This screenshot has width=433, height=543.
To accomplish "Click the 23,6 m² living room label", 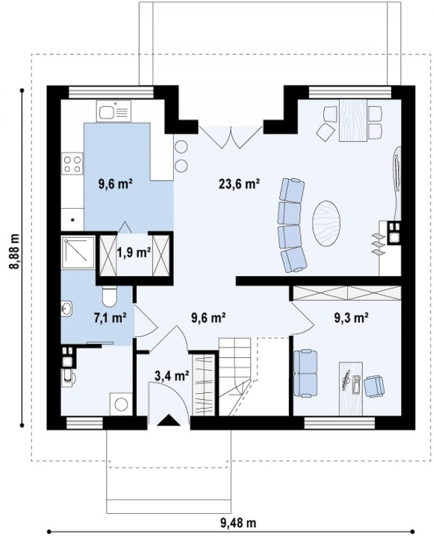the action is (239, 183).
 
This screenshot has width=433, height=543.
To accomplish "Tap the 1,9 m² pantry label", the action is (134, 252).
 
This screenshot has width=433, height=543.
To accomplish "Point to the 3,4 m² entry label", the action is (172, 375).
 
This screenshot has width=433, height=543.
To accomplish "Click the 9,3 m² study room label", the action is (351, 317).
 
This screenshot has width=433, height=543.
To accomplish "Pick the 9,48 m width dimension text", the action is (238, 522).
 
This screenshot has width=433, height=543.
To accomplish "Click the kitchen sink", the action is (113, 111).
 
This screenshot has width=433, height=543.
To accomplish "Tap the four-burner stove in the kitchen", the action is (72, 164).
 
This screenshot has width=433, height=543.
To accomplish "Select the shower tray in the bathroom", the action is (78, 252).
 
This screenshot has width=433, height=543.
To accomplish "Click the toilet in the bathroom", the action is (110, 297).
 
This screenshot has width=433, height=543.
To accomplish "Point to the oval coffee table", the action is (326, 223).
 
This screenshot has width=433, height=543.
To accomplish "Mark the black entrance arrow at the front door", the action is (169, 420).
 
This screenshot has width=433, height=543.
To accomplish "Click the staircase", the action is (236, 377).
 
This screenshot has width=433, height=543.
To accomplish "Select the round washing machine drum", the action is (122, 404).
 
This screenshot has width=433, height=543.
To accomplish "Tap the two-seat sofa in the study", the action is (305, 373).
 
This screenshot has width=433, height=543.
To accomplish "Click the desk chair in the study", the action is (375, 386).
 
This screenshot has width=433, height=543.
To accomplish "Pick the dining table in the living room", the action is (353, 120).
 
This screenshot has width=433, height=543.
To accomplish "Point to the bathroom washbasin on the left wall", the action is (66, 309).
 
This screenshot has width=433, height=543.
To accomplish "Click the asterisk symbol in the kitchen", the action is (73, 219).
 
